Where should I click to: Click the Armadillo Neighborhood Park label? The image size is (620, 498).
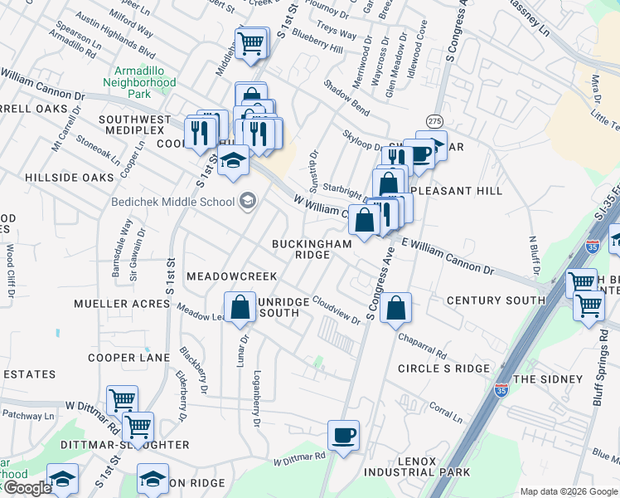point(139,82)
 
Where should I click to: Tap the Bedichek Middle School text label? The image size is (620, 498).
point(172,202)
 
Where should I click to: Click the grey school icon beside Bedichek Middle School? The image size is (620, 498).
point(247,200)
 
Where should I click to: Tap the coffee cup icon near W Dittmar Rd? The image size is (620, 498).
point(343,434)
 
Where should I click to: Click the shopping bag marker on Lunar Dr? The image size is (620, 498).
point(240,306)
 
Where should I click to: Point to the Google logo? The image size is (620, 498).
point(27,488)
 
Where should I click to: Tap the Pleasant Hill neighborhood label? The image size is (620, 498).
point(465,191)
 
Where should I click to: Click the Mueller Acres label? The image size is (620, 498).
point(121,305)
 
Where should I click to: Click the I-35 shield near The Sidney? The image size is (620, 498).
point(501,390)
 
